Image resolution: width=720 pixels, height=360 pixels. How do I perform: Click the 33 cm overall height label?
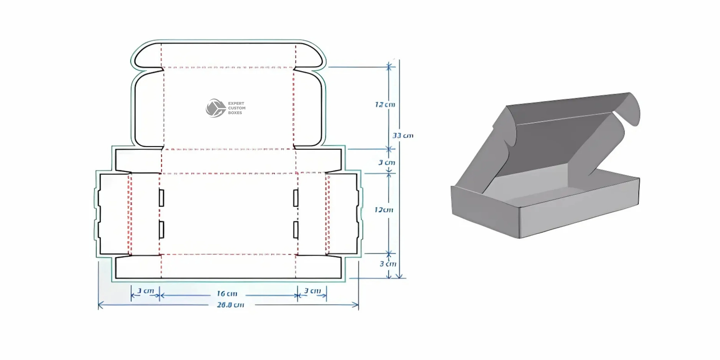[x=403, y=136]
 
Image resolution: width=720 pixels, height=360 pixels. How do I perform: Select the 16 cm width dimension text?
[x=227, y=294]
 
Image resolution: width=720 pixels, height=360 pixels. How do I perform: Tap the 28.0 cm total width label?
[x=231, y=305]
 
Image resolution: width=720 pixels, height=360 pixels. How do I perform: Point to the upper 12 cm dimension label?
[x=385, y=105]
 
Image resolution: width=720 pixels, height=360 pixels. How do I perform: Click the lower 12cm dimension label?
[x=384, y=210]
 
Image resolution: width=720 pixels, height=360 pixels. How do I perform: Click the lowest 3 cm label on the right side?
[x=388, y=264]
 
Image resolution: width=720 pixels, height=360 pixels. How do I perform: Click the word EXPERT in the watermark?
[x=236, y=103]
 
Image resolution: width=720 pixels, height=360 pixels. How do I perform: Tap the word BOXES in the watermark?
[x=235, y=113]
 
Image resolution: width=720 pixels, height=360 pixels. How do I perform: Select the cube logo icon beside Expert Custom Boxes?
[x=215, y=108]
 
